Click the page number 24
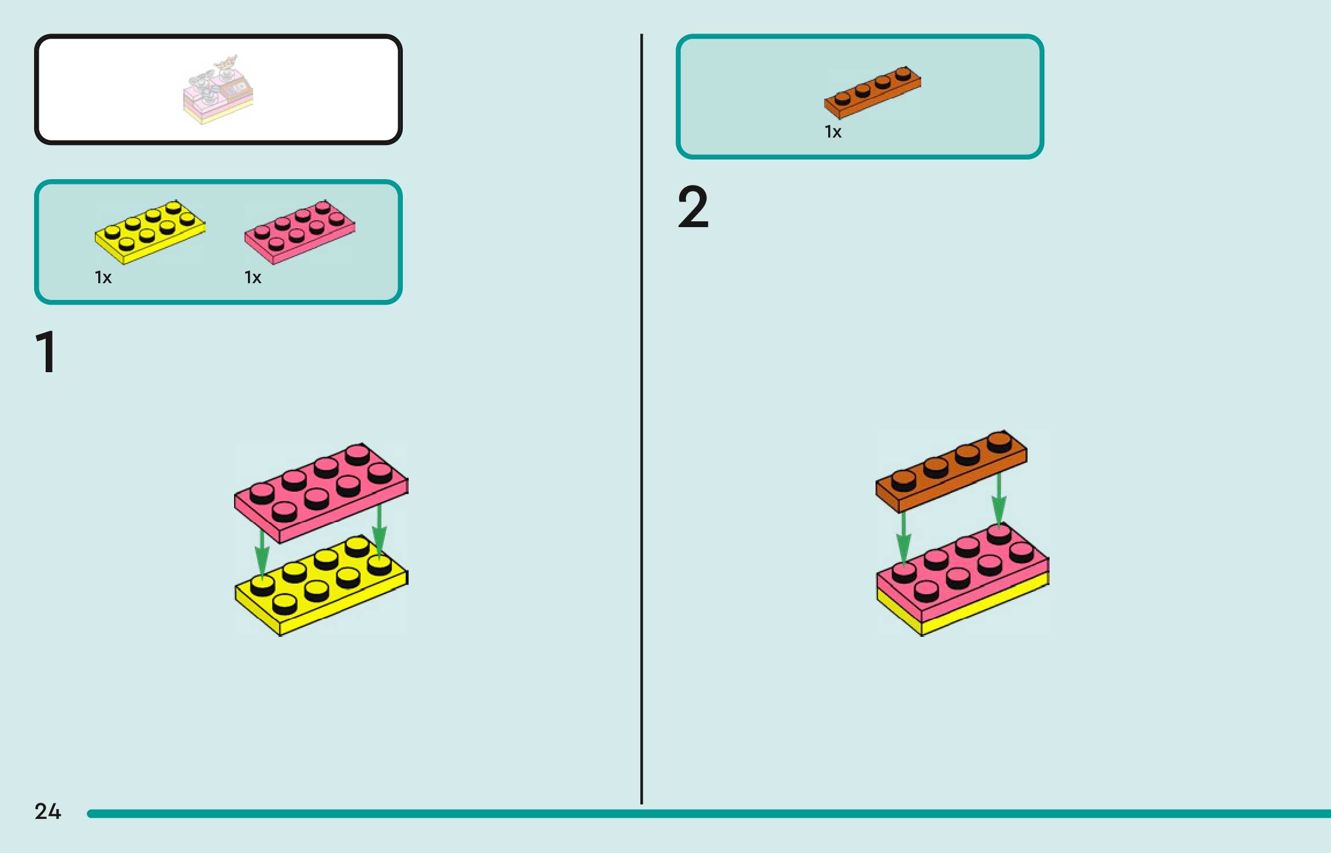tap(47, 811)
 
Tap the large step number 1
tap(46, 352)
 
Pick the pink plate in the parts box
tap(299, 232)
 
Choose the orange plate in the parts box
tap(872, 91)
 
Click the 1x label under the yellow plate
tap(103, 278)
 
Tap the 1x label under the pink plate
tap(253, 278)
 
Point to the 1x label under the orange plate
tap(833, 132)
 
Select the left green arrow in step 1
tap(262, 555)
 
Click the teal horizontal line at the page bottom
tap(694, 814)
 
